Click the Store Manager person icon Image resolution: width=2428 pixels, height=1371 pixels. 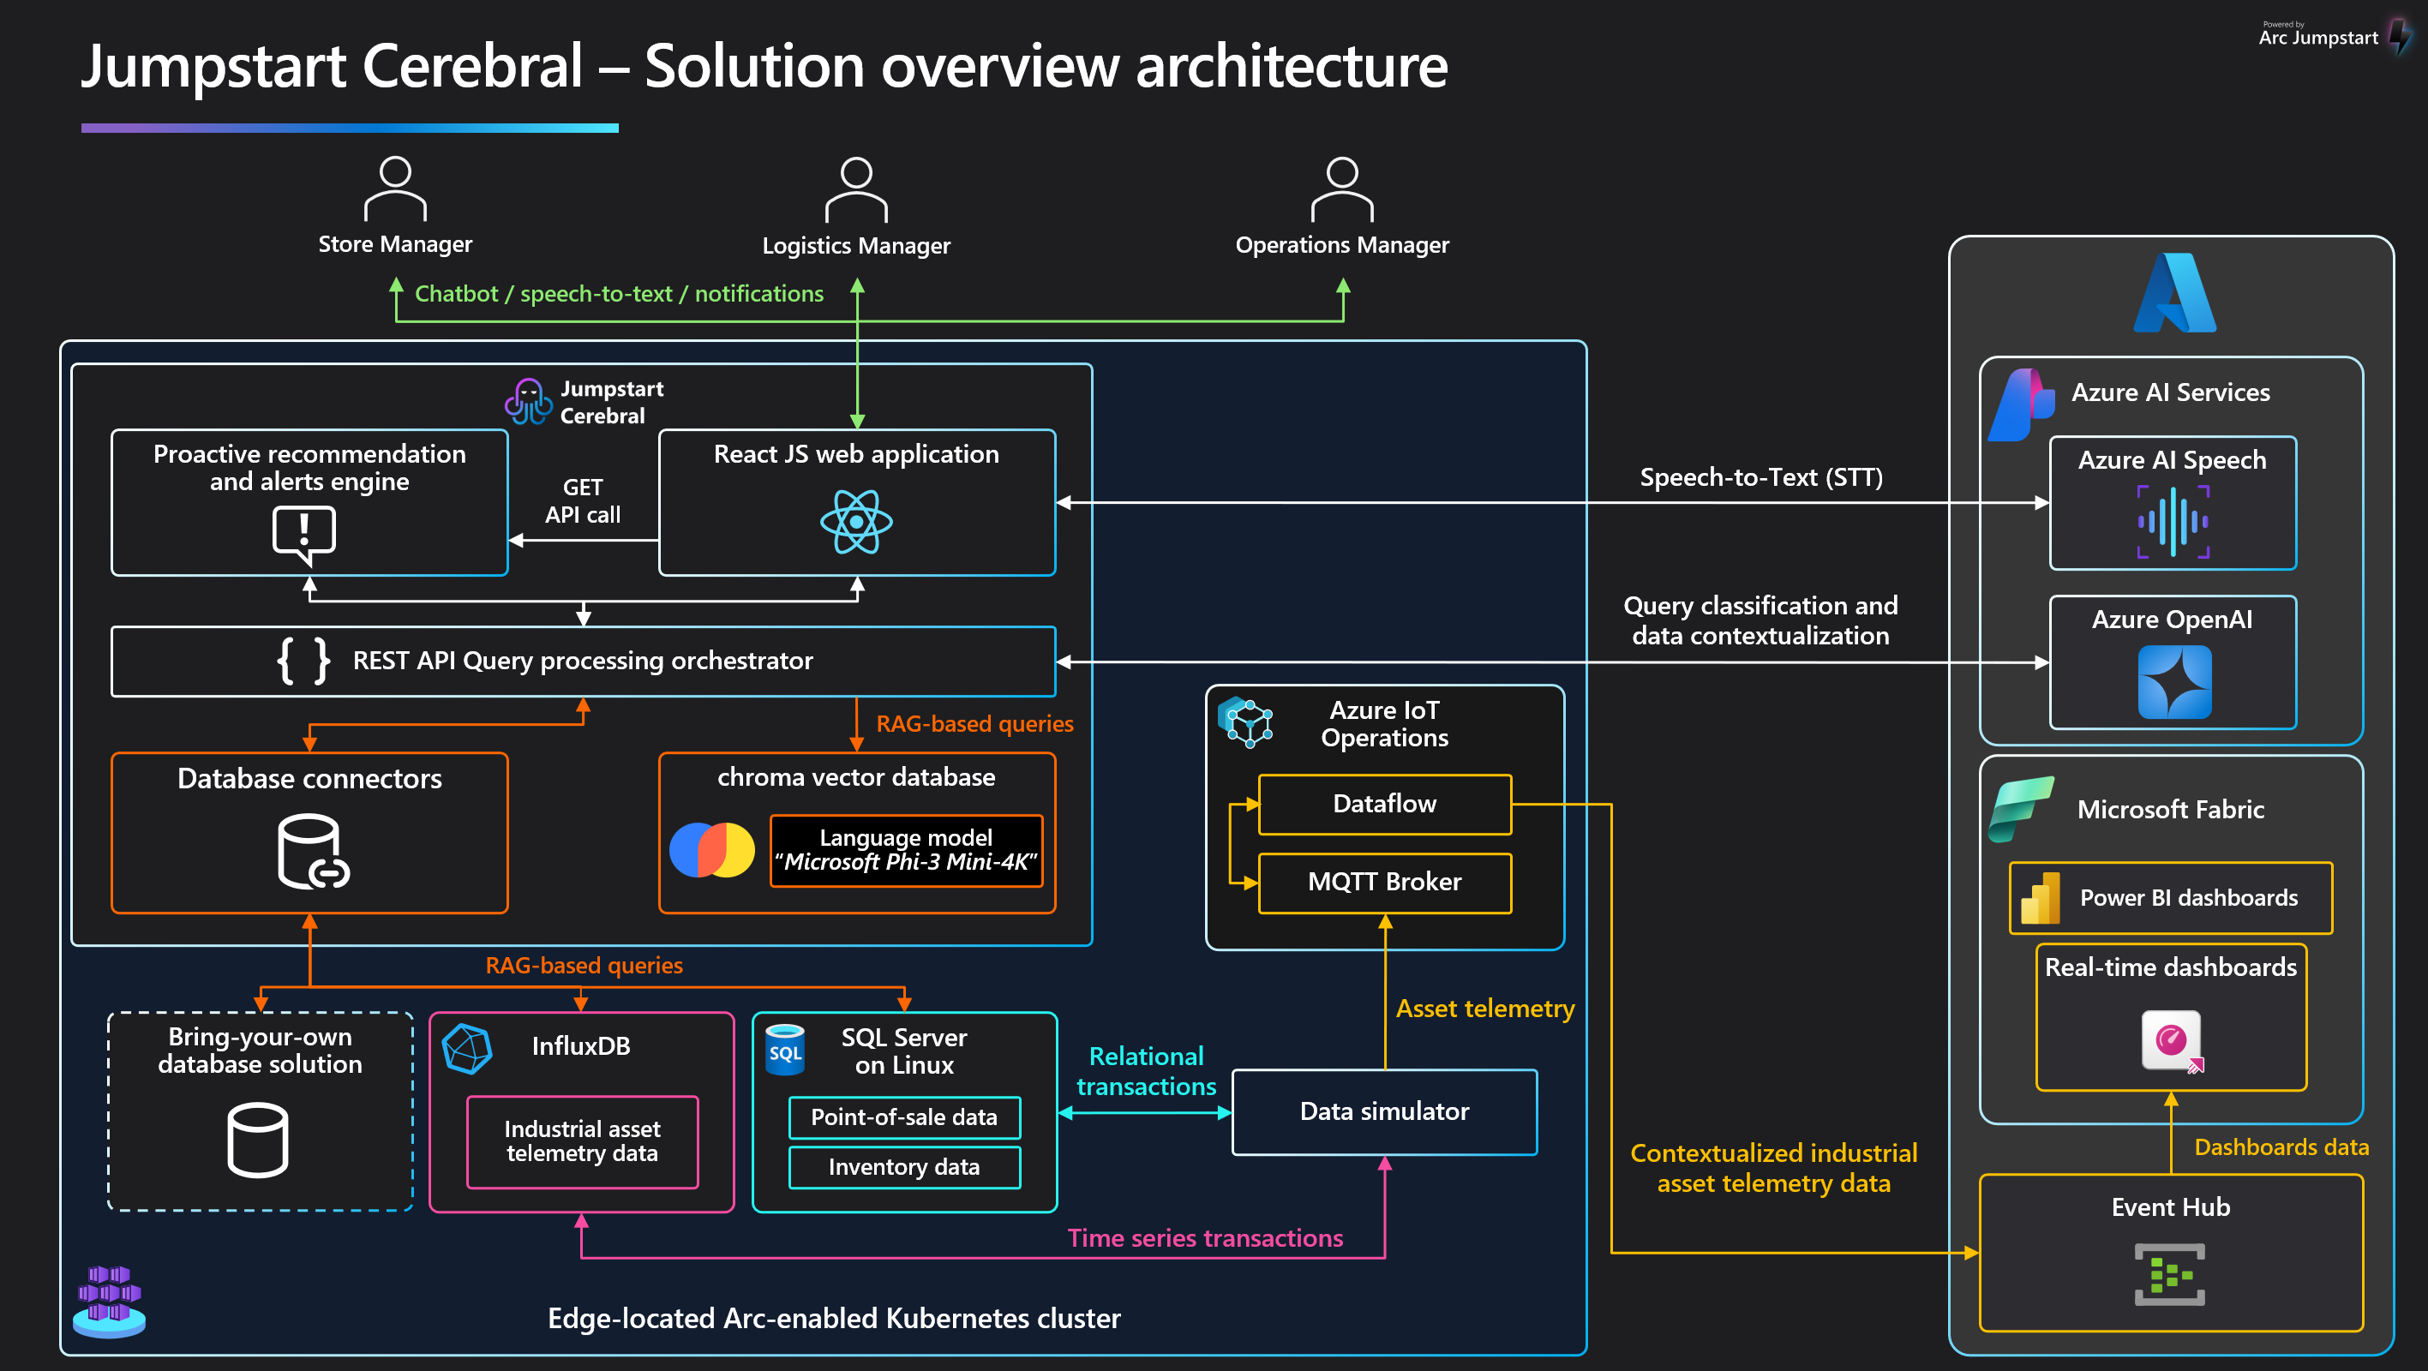coord(395,189)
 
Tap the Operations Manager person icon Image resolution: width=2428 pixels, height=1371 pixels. coord(1342,189)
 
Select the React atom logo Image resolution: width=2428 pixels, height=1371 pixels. coord(856,521)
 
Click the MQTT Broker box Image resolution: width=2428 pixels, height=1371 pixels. coord(1385,883)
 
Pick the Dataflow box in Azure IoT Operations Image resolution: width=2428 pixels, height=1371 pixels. coord(1385,804)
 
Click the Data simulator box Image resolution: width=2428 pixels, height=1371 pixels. coord(1385,1112)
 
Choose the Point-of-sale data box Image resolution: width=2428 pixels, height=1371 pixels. coord(904,1117)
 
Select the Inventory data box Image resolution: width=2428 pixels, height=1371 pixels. coord(904,1167)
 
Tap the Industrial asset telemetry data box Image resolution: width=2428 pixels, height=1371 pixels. coord(583,1142)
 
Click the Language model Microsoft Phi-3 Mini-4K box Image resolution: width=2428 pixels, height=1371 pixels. coord(906,851)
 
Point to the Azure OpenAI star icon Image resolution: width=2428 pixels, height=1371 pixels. coord(2174,682)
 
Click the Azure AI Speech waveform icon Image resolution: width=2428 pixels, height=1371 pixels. coord(2173,521)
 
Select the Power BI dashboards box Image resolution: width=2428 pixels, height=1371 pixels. coord(2171,898)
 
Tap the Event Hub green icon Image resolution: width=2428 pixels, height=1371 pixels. coord(2170,1275)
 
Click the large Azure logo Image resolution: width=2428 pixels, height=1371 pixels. coord(2174,293)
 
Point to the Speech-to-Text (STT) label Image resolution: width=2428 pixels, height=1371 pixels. coord(1760,478)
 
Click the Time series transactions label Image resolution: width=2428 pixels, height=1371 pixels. coord(1205,1238)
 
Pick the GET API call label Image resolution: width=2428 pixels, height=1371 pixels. coord(583,501)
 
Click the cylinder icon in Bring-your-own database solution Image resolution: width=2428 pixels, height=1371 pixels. coord(258,1141)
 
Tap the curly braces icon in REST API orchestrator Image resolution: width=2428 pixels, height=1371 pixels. coord(303,661)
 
